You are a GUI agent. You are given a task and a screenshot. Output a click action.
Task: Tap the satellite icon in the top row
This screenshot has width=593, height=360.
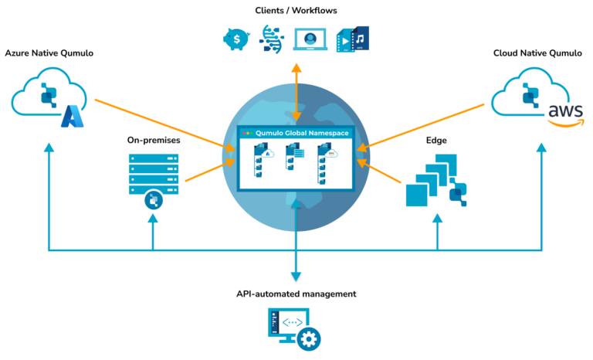tap(271, 38)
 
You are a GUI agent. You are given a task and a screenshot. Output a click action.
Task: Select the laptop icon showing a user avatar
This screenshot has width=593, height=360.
tap(310, 39)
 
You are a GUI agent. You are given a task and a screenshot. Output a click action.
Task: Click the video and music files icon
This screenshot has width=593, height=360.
tap(353, 39)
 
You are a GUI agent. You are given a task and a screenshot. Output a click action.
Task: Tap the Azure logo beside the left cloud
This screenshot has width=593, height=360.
tap(72, 117)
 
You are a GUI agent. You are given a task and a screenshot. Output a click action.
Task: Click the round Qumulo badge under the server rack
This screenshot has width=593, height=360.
tap(153, 201)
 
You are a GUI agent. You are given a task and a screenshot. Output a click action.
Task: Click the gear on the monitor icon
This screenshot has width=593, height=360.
tap(309, 338)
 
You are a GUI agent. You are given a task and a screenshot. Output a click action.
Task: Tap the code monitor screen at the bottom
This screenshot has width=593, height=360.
tap(288, 324)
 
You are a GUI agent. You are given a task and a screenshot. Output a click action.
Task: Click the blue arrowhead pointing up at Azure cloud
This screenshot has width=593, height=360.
tap(49, 148)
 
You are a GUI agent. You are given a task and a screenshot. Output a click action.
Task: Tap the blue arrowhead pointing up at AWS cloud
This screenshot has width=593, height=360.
tap(542, 147)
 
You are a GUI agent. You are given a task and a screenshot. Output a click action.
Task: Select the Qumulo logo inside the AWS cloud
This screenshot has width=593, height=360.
tap(529, 93)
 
